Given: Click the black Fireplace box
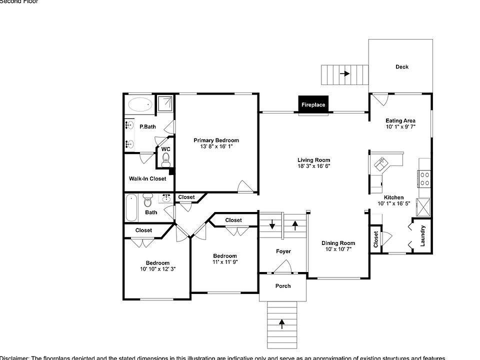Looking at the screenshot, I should (313, 104).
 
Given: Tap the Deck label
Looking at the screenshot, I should (401, 67).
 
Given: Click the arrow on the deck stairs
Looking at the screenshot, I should (344, 74).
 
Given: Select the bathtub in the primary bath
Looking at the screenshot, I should (140, 105).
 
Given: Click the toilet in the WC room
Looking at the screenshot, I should (166, 160).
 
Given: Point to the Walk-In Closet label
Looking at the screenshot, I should (147, 178).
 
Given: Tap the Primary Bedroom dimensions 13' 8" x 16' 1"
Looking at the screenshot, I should (216, 146).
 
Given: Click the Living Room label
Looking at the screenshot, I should (314, 160).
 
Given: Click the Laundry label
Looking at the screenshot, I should (422, 235).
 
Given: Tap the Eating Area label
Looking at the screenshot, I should (400, 120).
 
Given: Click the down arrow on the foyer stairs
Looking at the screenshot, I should (272, 224).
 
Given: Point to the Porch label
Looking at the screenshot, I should (283, 286).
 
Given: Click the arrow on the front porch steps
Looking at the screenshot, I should (281, 324).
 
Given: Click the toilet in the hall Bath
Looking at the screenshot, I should (148, 202).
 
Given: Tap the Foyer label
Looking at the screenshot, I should (283, 251).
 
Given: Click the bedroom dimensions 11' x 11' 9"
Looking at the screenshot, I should (224, 262).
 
